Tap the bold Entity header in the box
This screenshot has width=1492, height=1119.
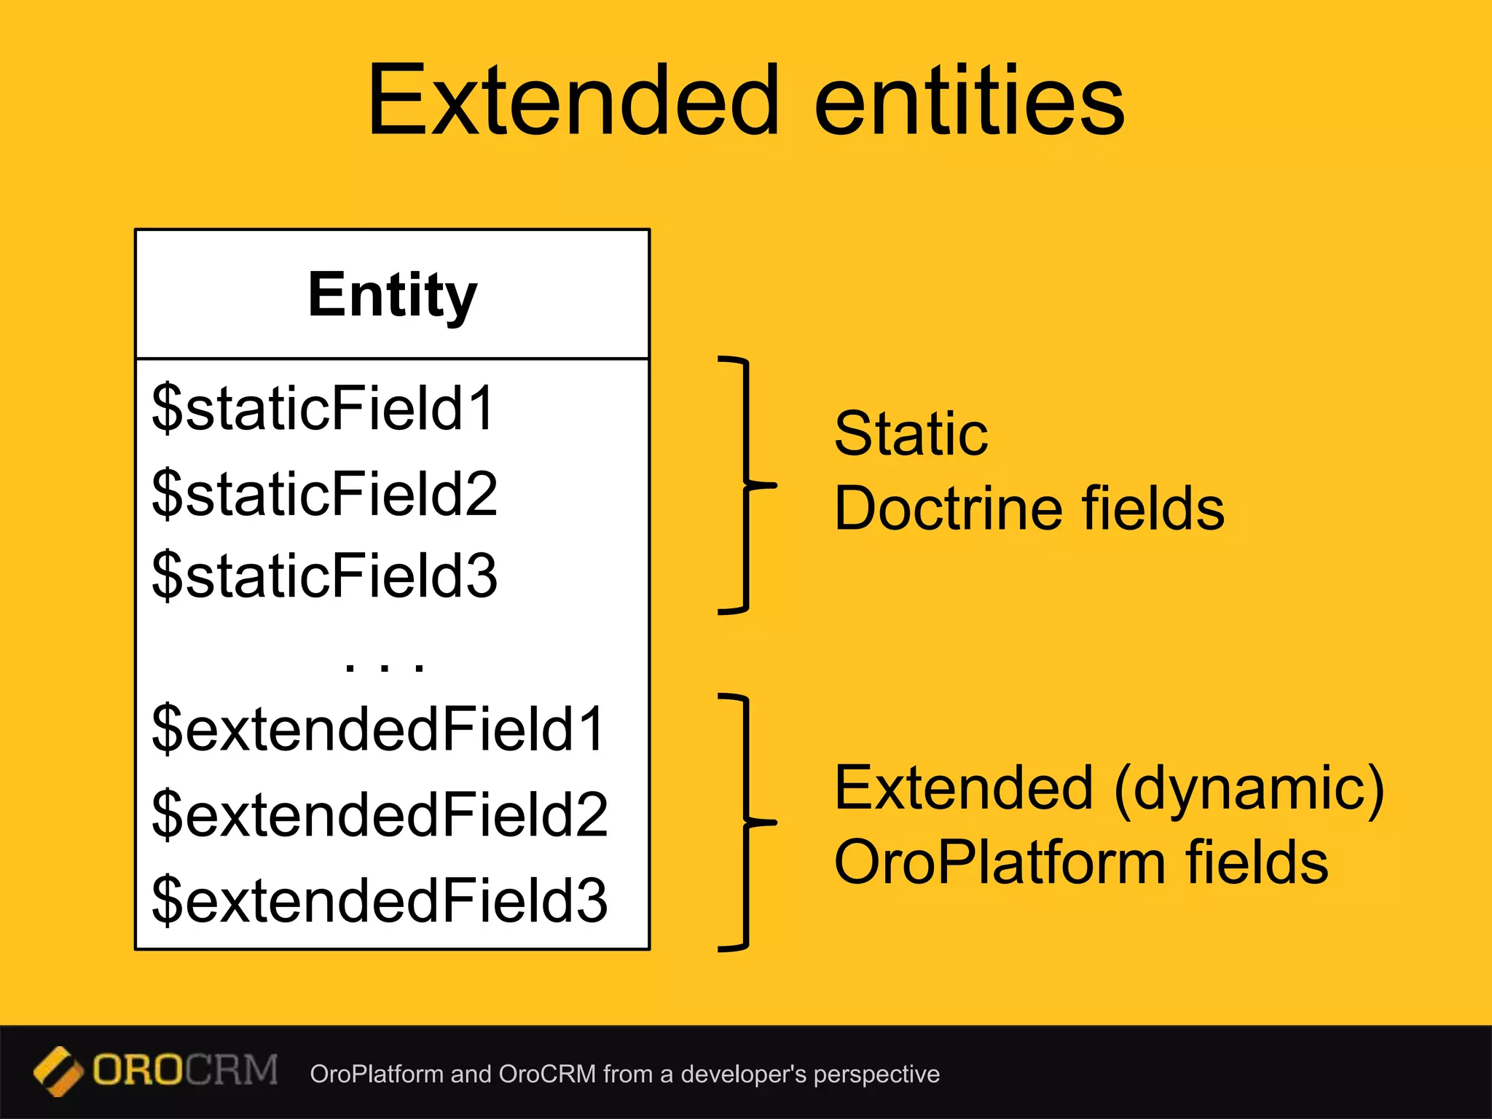click(x=392, y=294)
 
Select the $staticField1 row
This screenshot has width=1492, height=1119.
click(x=323, y=408)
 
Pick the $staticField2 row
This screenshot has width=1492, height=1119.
click(x=325, y=493)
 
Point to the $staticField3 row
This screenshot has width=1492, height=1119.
click(x=325, y=576)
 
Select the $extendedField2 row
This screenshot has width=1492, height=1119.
click(x=380, y=814)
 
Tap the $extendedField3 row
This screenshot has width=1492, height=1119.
click(x=380, y=900)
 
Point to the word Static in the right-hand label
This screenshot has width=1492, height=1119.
click(x=911, y=434)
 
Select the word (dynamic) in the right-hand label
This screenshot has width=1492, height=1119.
click(x=1249, y=788)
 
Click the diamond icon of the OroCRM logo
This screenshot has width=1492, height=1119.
click(x=58, y=1072)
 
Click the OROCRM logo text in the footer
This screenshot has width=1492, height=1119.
click(x=185, y=1070)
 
